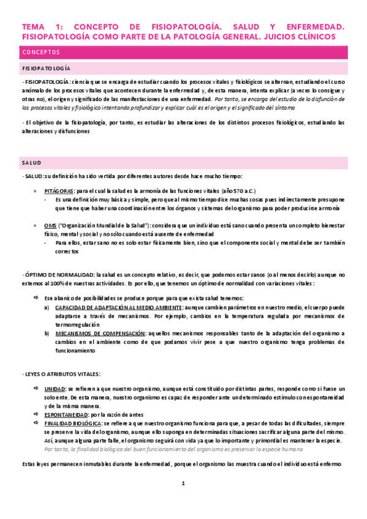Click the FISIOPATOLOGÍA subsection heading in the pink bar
(46, 69)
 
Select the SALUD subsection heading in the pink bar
(31, 163)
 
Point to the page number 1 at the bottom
(183, 484)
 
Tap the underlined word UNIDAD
(55, 389)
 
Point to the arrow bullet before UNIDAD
(36, 389)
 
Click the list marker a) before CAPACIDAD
(47, 307)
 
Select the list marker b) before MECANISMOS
(47, 333)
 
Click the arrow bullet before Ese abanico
(36, 297)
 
